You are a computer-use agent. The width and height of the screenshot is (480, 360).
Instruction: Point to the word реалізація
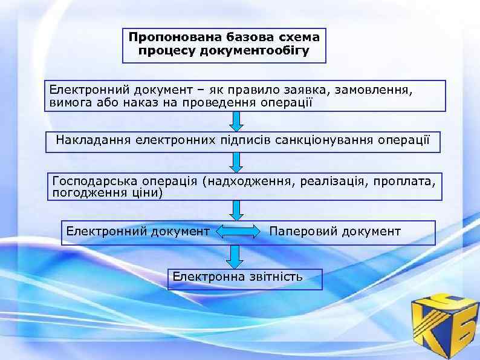click(330, 181)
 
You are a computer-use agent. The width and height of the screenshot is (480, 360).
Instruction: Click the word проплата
click(403, 181)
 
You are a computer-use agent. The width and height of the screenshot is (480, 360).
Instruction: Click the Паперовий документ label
click(334, 231)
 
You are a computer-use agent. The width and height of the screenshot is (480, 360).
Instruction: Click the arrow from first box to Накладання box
click(237, 120)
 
